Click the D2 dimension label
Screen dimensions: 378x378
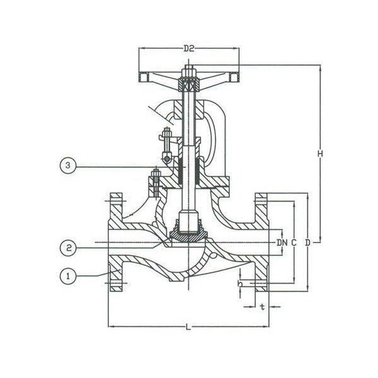[x=189, y=48]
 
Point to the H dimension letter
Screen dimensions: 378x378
[x=321, y=153]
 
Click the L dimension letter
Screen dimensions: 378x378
[x=188, y=326]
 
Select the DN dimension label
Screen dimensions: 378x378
[x=281, y=242]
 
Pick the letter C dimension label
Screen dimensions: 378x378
[x=294, y=242]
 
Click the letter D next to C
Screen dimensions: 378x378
[x=307, y=242]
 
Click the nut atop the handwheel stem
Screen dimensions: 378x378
[x=188, y=71]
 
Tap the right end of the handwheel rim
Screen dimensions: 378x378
[x=234, y=77]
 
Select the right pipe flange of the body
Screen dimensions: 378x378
[x=262, y=242]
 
